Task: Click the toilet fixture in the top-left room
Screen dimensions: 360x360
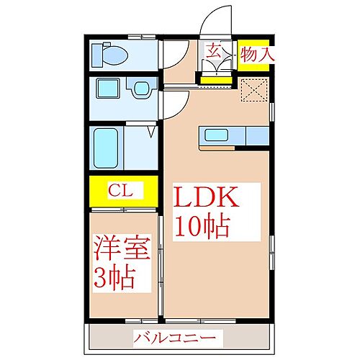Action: click(x=110, y=55)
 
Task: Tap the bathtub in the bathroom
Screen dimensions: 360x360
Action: click(x=106, y=148)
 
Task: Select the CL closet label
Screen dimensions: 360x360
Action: click(x=120, y=191)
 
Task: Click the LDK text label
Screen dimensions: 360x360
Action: click(x=207, y=197)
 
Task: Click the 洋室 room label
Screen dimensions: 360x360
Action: click(x=122, y=248)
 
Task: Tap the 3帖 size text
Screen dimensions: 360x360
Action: click(x=114, y=277)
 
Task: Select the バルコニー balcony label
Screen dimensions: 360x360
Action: click(x=175, y=338)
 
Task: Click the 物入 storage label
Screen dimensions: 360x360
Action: click(x=257, y=55)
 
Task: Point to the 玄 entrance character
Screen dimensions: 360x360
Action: click(x=214, y=50)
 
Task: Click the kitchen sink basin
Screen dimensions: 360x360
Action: click(x=216, y=135)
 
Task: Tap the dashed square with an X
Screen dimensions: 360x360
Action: click(x=254, y=90)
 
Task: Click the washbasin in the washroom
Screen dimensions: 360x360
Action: click(x=142, y=89)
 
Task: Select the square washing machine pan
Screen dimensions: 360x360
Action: click(x=108, y=89)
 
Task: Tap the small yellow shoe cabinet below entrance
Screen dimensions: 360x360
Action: click(x=216, y=80)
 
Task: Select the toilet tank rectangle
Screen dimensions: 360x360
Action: click(x=97, y=55)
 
